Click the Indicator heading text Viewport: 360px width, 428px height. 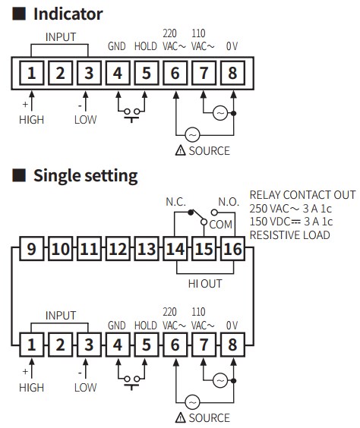[68, 14]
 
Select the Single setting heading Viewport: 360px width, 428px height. [86, 176]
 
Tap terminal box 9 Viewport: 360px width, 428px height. [32, 249]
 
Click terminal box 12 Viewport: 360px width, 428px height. [118, 249]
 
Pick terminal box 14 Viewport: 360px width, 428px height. [175, 249]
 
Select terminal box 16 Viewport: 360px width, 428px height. [232, 249]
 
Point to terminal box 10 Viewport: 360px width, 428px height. [60, 249]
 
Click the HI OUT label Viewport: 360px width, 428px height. [205, 284]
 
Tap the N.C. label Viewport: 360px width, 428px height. [175, 202]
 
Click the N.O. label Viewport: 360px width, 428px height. [229, 202]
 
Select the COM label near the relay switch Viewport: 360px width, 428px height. [221, 225]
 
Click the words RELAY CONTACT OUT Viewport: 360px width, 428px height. [302, 195]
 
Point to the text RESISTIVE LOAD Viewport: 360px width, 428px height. [290, 235]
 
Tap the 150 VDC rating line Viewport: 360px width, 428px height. [291, 222]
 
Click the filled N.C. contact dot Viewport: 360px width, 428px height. [191, 212]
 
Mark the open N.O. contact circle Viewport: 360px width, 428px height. [214, 212]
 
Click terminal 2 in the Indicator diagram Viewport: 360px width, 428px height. [60, 73]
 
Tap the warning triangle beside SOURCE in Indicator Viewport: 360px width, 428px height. [180, 150]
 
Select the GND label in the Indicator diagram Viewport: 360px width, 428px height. [117, 46]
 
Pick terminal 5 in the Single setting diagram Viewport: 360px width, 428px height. [147, 345]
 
